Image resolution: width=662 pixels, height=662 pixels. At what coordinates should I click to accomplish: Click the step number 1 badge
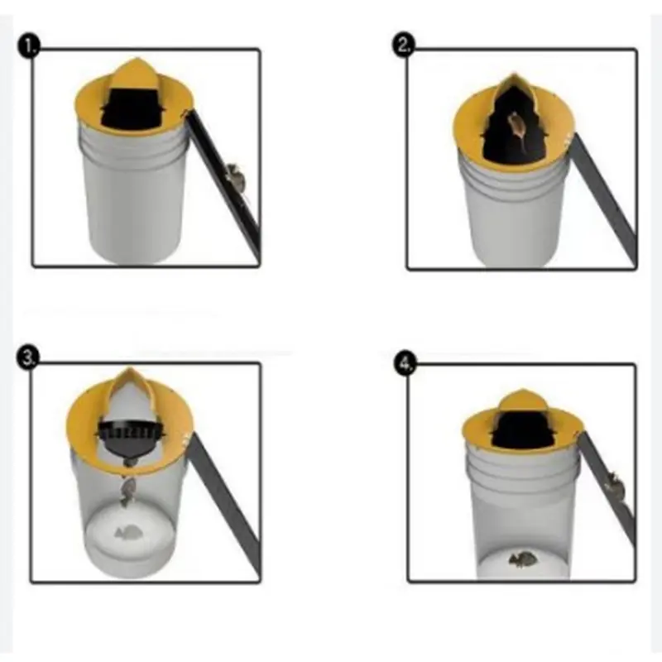click(29, 46)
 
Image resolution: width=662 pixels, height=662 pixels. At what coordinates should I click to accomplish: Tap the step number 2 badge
click(404, 46)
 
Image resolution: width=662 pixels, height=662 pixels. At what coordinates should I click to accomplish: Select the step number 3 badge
click(28, 358)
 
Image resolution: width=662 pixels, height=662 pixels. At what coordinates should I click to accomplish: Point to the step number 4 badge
click(405, 363)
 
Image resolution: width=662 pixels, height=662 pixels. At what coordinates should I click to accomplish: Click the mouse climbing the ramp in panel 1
click(235, 176)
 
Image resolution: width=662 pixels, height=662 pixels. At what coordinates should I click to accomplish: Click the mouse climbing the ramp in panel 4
click(613, 485)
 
